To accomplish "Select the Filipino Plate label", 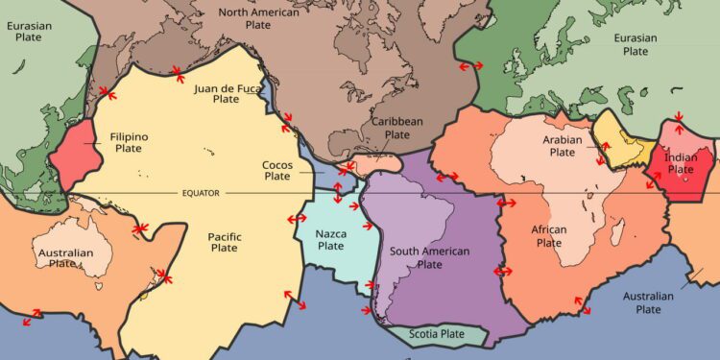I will click(129, 143).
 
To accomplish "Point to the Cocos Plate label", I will click(277, 170).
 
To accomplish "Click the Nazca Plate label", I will click(330, 239).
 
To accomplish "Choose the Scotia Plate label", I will click(437, 334).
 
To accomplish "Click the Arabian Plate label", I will click(549, 146).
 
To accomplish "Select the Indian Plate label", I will click(681, 163).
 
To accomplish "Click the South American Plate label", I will click(429, 257).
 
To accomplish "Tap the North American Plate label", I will click(258, 18).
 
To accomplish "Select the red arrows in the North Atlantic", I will click(471, 65).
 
